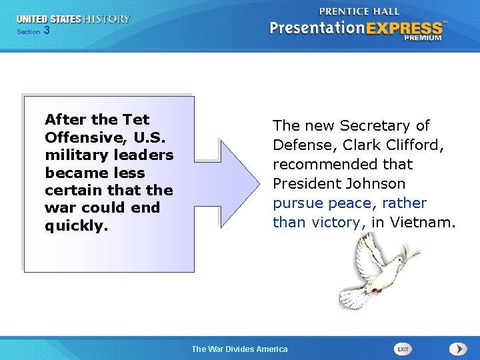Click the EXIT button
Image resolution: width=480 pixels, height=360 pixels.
point(403,349)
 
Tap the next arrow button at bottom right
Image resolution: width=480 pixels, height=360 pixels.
point(458,349)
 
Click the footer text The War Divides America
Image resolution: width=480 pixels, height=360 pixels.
point(240,349)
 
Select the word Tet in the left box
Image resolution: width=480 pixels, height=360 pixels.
point(136,120)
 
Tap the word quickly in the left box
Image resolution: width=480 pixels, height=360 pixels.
point(75,225)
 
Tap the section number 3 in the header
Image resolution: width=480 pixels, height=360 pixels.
point(46,31)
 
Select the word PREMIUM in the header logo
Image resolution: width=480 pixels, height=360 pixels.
point(423,38)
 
